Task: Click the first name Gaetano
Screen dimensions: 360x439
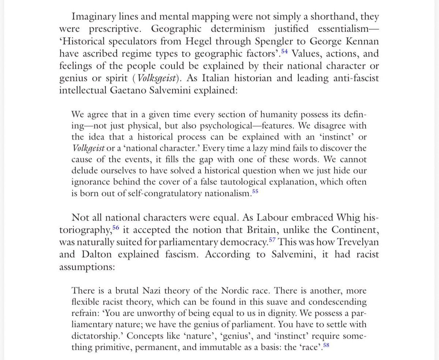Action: tap(126, 90)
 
